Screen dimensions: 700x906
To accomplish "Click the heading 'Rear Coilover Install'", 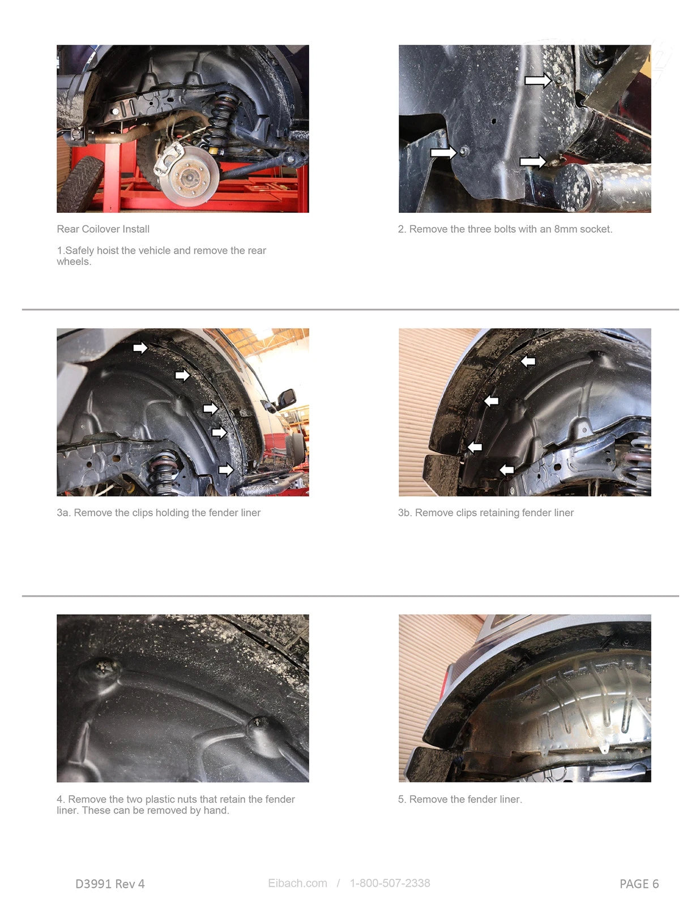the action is (x=103, y=229).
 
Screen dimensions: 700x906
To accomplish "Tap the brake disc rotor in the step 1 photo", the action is (x=190, y=176).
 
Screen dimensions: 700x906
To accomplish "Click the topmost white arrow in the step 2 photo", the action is (x=538, y=80).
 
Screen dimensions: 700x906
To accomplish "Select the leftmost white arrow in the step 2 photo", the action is (x=443, y=152).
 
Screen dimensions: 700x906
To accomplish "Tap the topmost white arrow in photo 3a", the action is (x=140, y=347).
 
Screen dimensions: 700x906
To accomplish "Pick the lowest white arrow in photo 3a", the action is (x=226, y=470).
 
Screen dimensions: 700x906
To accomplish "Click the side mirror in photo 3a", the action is (x=286, y=398).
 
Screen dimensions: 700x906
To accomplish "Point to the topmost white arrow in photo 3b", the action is (x=528, y=361).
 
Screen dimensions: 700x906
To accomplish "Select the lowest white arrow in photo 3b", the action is (x=506, y=470).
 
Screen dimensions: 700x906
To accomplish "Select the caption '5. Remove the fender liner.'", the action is (x=460, y=799).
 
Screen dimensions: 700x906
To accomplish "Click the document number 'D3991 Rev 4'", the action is (x=110, y=883).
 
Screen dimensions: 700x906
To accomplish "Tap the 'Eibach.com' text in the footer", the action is (x=297, y=883).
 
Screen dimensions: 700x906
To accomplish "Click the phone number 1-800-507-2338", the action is (x=390, y=883).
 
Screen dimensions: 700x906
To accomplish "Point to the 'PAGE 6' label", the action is (x=639, y=883).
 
